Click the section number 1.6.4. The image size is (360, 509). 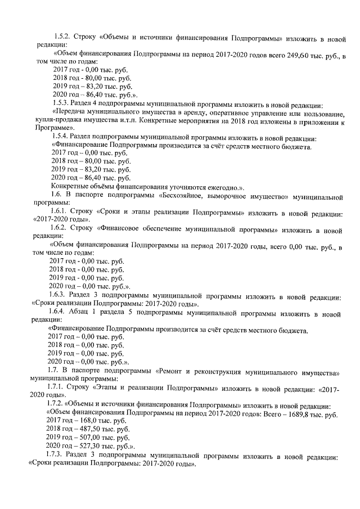(x=60, y=312)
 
